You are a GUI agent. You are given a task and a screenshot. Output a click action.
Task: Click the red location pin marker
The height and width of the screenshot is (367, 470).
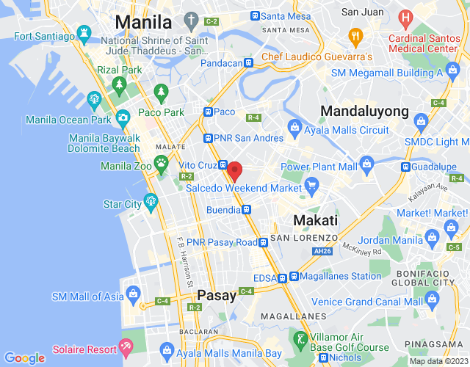(234, 171)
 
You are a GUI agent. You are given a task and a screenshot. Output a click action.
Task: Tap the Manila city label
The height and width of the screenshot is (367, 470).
(143, 21)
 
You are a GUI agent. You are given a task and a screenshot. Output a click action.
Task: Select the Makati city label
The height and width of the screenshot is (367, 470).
(315, 220)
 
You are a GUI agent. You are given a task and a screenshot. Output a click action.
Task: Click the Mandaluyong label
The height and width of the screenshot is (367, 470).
(364, 112)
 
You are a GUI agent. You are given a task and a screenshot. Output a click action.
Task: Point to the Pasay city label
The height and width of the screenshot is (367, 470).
(217, 295)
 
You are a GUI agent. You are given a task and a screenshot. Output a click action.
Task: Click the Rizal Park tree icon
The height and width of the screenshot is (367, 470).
(119, 86)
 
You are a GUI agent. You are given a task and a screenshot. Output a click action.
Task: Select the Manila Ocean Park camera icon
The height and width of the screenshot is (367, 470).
(123, 116)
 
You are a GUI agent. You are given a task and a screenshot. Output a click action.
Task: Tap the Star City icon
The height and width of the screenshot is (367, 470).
(151, 200)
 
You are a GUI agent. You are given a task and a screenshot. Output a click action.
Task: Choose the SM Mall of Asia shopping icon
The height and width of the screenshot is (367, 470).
(133, 294)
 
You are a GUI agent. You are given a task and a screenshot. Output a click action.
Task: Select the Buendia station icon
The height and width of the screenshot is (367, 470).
(247, 210)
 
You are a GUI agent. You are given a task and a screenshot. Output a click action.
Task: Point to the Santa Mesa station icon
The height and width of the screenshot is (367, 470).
(255, 15)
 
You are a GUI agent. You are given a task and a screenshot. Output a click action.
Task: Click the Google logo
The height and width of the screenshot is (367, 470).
(24, 358)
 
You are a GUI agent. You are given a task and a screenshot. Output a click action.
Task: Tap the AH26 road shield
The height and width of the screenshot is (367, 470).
(322, 250)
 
